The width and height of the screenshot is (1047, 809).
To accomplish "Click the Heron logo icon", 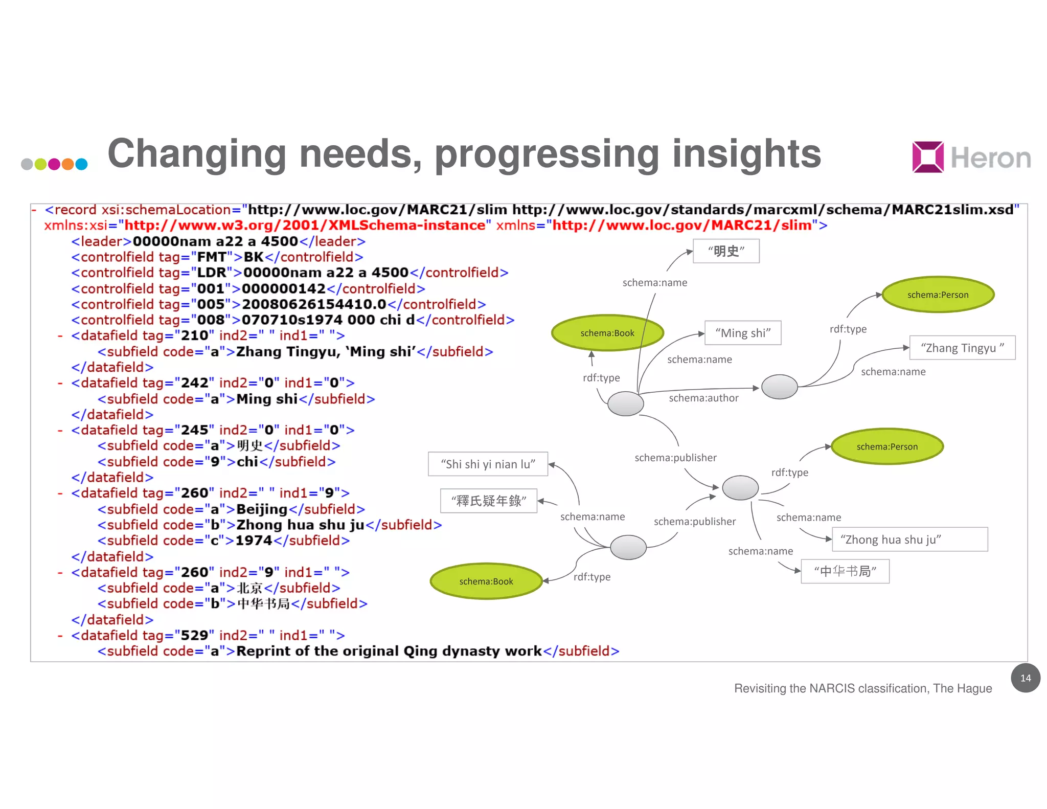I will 927,157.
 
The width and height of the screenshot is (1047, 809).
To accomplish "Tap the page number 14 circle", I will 1025,678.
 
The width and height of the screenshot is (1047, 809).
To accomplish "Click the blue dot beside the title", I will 81,164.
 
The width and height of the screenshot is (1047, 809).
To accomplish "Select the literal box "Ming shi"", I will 742,333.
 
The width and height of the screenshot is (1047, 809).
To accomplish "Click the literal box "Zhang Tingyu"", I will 962,348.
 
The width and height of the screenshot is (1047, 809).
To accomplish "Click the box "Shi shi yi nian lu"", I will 488,464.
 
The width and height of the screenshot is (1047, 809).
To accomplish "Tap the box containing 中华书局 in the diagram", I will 845,571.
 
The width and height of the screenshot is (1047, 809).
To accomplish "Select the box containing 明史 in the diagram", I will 725,251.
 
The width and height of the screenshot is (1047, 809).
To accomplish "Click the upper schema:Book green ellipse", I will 607,333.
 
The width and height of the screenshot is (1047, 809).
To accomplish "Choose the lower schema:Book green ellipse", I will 486,581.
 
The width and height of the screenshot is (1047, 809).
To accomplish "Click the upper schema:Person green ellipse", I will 938,295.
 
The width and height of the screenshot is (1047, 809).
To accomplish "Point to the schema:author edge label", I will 703,398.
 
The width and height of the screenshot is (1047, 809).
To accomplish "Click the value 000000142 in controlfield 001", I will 283,289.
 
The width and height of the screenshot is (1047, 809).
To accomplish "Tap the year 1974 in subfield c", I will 254,541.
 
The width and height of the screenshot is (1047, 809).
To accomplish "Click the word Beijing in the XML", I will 262,509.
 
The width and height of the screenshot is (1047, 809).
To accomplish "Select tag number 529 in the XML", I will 194,635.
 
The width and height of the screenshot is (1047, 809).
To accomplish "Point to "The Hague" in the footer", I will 962,688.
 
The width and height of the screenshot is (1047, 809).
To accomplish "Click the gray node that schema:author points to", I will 779,387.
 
